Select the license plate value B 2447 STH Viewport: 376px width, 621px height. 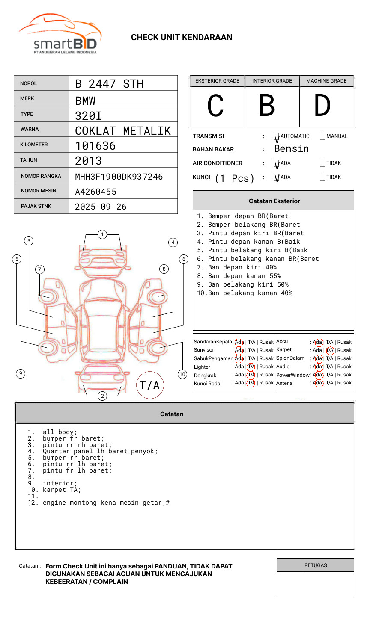tap(109, 84)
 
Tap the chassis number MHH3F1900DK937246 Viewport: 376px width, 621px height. tap(119, 177)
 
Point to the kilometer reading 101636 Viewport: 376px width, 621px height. tap(95, 146)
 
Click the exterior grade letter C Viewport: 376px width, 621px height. tap(216, 106)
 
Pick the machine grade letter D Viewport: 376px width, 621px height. tap(322, 106)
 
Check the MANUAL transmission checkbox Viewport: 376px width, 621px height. tap(322, 136)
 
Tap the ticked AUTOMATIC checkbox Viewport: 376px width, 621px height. tap(276, 136)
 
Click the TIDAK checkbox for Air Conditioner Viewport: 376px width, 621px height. tap(322, 163)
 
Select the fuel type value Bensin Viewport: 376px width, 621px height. tap(291, 149)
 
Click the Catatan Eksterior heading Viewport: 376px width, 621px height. tap(274, 201)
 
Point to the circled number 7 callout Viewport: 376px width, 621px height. tap(39, 269)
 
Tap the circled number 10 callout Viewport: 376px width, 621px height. tap(182, 374)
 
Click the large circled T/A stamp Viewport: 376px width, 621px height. tap(150, 385)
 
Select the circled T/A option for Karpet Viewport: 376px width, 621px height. tap(330, 350)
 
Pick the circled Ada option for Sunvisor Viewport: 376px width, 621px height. tap(239, 350)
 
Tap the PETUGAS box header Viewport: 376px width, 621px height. tap(316, 565)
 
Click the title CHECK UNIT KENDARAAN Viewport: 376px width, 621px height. tap(182, 38)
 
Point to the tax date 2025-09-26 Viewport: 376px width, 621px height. tap(101, 207)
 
